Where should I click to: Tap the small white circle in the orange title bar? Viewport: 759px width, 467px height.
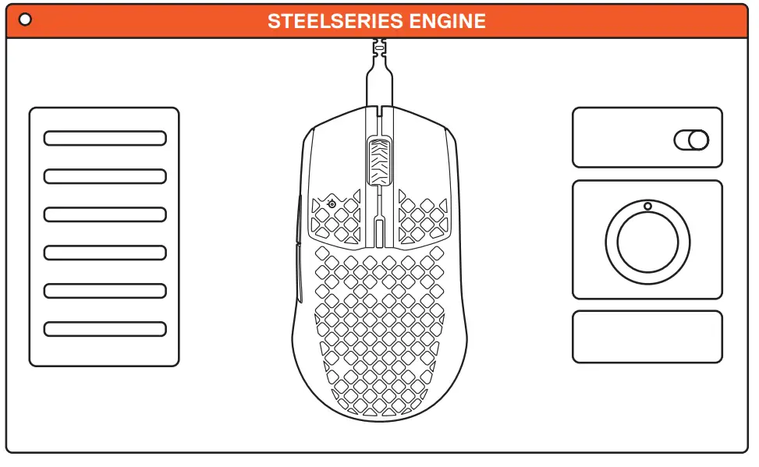pos(25,19)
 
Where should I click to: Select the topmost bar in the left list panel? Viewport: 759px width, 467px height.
pos(105,138)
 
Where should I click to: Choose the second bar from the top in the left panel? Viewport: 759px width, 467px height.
pos(105,176)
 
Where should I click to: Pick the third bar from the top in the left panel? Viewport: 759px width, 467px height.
pos(105,214)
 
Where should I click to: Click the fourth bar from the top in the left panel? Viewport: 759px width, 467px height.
pos(105,253)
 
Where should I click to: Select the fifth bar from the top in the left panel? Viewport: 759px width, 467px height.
pos(105,291)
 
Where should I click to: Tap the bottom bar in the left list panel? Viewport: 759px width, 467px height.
pos(105,329)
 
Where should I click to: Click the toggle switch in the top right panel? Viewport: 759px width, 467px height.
pos(691,140)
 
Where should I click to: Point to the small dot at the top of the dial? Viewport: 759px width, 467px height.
pos(647,206)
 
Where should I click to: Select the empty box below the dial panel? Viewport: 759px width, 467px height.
pos(647,337)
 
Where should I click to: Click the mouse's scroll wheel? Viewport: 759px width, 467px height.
pos(379,161)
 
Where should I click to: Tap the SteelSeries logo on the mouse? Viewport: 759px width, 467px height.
pos(333,204)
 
